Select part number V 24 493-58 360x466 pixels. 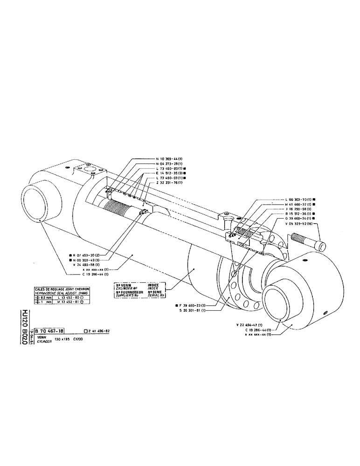[88, 265]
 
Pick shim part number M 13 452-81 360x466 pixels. [68, 302]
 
